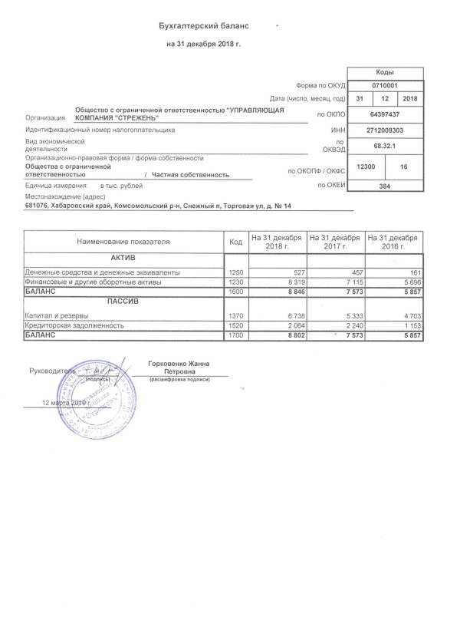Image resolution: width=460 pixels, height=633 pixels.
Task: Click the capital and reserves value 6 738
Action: [291, 315]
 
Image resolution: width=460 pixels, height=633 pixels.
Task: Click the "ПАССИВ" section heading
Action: [122, 303]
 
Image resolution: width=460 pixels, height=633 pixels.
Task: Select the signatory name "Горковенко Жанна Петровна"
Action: [178, 368]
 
